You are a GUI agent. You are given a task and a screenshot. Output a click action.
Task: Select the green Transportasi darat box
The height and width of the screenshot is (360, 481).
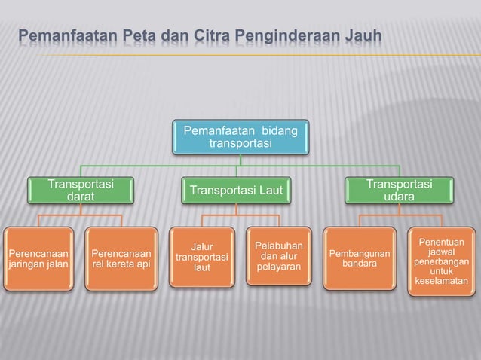81,191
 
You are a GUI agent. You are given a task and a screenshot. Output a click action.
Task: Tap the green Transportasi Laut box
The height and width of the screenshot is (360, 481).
236,191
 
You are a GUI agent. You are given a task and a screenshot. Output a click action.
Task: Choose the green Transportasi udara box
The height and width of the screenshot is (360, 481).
399,191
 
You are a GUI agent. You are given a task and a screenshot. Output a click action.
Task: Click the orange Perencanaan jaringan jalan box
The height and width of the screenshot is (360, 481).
38,258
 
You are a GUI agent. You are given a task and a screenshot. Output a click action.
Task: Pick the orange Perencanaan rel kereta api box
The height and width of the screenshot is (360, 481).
121,258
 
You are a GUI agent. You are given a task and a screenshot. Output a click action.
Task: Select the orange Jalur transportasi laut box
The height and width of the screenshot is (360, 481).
201,257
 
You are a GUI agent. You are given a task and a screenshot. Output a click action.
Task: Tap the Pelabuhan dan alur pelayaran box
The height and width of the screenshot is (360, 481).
278,256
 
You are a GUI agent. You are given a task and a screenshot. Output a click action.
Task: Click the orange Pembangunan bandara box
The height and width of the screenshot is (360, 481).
360,258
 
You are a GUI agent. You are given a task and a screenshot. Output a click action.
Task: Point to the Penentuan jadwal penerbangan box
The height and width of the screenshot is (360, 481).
441,261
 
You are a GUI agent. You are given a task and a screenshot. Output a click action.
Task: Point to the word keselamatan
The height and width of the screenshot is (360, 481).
441,282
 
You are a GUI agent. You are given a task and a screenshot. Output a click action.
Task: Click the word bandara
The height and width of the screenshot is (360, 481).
360,264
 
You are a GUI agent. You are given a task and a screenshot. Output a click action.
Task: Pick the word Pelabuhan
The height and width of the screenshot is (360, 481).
279,246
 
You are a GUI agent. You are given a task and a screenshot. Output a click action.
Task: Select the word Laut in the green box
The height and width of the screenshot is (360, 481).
268,191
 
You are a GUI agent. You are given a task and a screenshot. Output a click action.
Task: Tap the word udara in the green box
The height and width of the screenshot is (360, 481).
399,197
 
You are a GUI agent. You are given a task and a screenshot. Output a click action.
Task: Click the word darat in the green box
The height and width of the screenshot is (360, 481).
81,197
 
